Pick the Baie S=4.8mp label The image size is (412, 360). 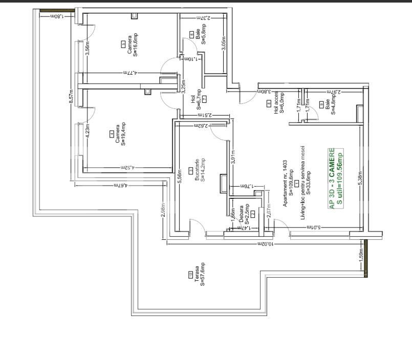330,104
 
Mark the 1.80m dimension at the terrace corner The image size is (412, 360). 57,16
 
